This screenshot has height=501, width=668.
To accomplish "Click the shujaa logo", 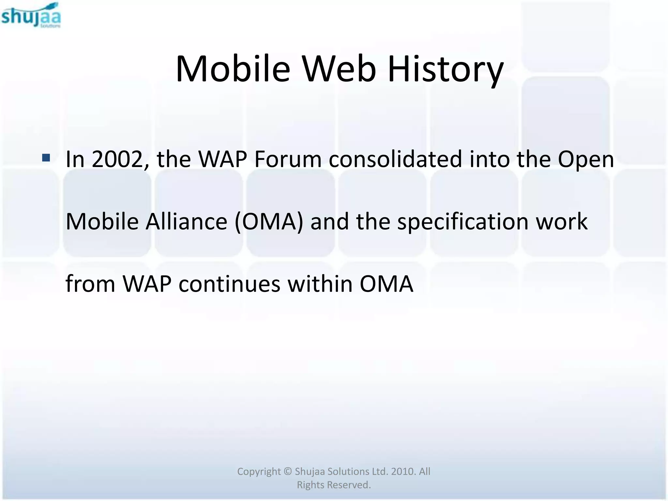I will (31, 16).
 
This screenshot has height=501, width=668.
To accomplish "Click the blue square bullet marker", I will (46, 158).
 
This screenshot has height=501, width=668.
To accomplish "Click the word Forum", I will (288, 159).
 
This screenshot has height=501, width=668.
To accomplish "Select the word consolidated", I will (395, 159).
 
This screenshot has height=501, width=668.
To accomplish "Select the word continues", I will (229, 284).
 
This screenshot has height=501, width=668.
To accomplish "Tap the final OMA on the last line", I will (386, 284).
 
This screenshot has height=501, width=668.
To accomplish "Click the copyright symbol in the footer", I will (287, 472).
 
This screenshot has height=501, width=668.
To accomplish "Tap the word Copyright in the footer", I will (259, 472).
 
